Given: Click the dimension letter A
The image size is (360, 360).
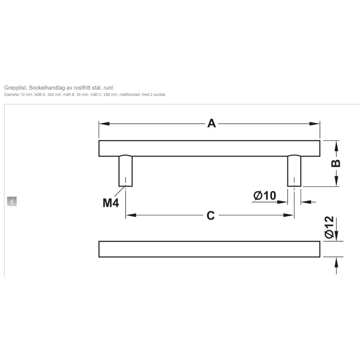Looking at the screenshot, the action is (211, 123).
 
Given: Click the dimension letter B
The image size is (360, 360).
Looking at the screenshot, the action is (336, 163).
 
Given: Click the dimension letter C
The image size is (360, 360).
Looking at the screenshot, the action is (211, 216).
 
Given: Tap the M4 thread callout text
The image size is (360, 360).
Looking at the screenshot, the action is (111, 203).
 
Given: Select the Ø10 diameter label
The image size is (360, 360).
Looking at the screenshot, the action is (265, 196).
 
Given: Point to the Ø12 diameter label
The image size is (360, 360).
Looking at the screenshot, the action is (329, 227).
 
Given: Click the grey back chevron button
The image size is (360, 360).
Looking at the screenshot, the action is (12, 201).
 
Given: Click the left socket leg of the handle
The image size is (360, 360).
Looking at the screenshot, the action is (126, 171).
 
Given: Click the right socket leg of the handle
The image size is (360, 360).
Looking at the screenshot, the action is (294, 171).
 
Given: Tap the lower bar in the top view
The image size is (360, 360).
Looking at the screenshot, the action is (209, 249).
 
